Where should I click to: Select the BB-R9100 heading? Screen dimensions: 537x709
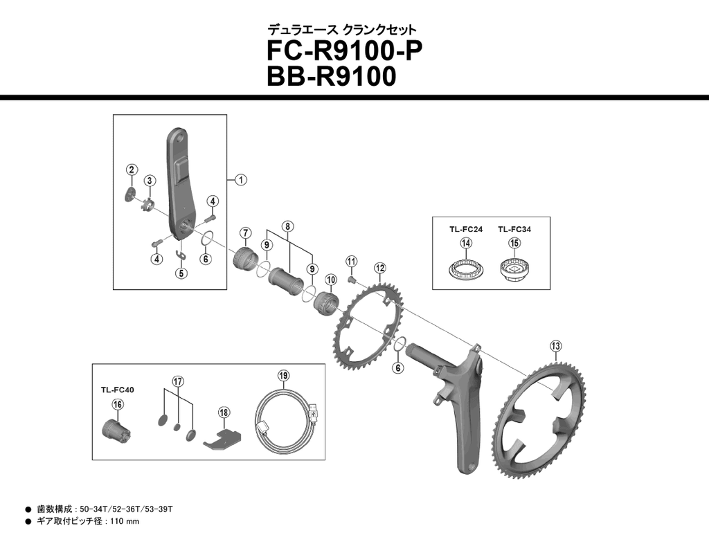331,76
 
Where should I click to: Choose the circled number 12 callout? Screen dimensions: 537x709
379,268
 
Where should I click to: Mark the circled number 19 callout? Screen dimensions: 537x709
283,376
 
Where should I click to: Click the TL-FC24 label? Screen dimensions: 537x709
465,228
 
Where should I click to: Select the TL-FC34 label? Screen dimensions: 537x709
514,228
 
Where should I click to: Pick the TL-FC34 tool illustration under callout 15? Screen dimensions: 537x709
514,268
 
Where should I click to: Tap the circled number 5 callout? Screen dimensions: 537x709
181,273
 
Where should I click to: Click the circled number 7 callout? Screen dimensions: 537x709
245,232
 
